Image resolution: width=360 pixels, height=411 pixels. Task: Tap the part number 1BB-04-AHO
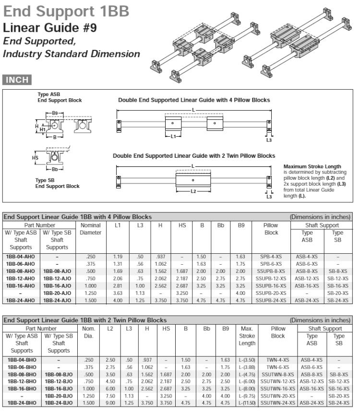pyautogui.click(x=21, y=257)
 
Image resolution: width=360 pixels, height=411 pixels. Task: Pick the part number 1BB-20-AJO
pyautogui.click(x=57, y=293)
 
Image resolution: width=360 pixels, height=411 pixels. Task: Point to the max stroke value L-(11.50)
pyautogui.click(x=247, y=403)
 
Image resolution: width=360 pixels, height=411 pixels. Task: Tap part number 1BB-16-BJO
pyautogui.click(x=59, y=388)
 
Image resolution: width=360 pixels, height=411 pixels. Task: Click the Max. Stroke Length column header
pyautogui.click(x=247, y=336)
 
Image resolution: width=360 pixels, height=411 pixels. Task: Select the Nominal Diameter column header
pyautogui.click(x=90, y=229)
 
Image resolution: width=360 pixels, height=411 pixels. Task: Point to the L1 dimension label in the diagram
pyautogui.click(x=173, y=136)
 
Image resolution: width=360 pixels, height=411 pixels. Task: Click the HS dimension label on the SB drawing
pyautogui.click(x=35, y=157)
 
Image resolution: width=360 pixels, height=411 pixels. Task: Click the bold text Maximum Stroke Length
pyautogui.click(x=306, y=166)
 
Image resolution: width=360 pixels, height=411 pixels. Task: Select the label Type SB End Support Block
pyautogui.click(x=57, y=183)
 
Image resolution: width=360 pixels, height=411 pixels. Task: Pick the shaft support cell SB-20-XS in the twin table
pyautogui.click(x=338, y=396)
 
